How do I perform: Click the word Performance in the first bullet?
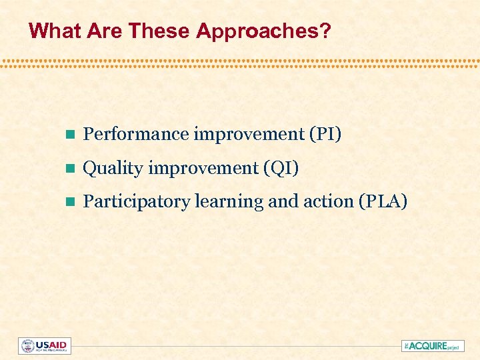(x=136, y=135)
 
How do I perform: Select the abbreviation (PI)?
(x=325, y=135)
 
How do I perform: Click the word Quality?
(x=113, y=169)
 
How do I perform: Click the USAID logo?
(x=45, y=346)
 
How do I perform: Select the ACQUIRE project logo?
(x=433, y=346)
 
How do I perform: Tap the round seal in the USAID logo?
(x=27, y=346)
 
